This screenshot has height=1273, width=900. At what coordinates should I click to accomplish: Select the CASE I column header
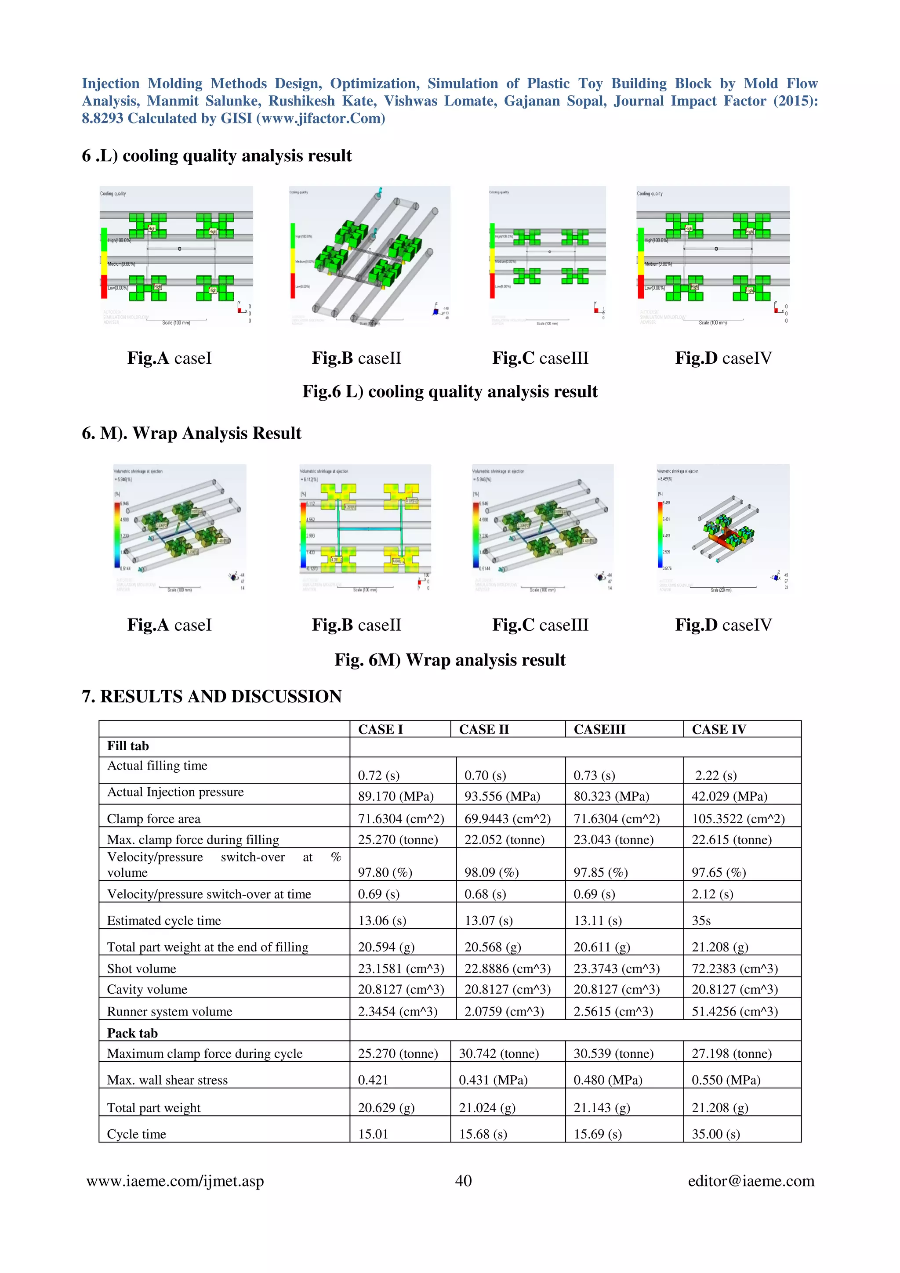381,729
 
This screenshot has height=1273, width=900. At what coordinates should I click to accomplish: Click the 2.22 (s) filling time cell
716,775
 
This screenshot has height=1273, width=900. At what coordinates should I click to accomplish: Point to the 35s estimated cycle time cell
701,920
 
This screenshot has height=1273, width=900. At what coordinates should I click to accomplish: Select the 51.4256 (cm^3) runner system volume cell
734,1011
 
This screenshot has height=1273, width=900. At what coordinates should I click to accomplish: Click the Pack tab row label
133,1033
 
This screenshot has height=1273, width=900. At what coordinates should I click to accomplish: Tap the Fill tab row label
128,746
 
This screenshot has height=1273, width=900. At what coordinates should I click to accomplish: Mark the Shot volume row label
142,969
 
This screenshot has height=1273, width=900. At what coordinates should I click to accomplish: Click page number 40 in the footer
463,1181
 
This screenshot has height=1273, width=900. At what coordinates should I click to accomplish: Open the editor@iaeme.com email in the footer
751,1181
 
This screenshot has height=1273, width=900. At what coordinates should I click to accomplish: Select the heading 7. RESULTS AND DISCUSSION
212,696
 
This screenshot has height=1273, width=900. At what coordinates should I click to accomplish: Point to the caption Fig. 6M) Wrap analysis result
450,660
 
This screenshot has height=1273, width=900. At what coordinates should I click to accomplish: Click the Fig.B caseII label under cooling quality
356,358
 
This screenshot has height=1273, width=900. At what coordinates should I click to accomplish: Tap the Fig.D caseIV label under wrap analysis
723,625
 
